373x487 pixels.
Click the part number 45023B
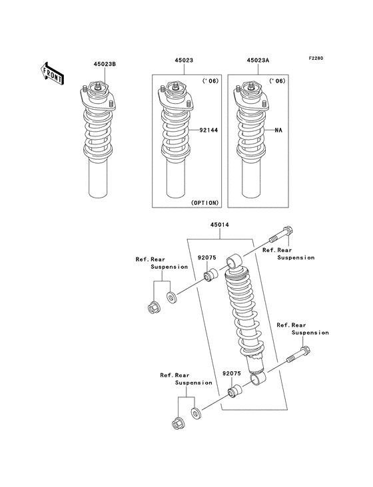[x=96, y=65]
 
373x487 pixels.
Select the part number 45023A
[x=258, y=60]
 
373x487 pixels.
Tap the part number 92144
[x=209, y=130]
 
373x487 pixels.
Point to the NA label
[x=279, y=130]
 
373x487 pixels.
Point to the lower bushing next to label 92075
[x=233, y=393]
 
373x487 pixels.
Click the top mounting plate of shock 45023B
[x=98, y=99]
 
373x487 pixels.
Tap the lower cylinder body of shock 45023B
[x=99, y=179]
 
